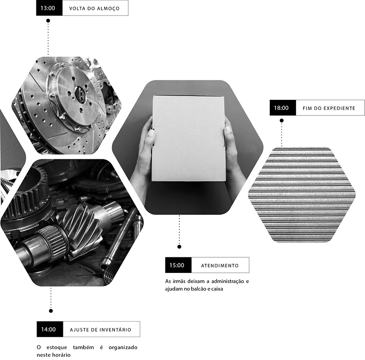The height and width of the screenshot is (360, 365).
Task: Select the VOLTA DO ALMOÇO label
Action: coord(94,9)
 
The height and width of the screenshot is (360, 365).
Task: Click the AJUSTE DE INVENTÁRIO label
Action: coord(100,330)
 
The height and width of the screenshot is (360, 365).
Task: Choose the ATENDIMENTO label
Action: coord(220,266)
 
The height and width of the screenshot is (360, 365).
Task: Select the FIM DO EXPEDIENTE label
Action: coord(329,108)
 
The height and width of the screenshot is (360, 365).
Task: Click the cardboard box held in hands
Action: coord(188,139)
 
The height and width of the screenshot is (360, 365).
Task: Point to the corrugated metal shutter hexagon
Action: coord(302,195)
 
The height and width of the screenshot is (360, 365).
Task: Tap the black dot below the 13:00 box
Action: coord(48,21)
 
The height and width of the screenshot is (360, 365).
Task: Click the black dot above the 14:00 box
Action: coord(51,311)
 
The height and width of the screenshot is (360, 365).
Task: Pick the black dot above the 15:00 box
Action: coord(179,247)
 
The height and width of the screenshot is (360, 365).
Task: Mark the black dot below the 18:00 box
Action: coord(282,120)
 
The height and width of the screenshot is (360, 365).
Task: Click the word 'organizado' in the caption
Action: coord(123,348)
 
